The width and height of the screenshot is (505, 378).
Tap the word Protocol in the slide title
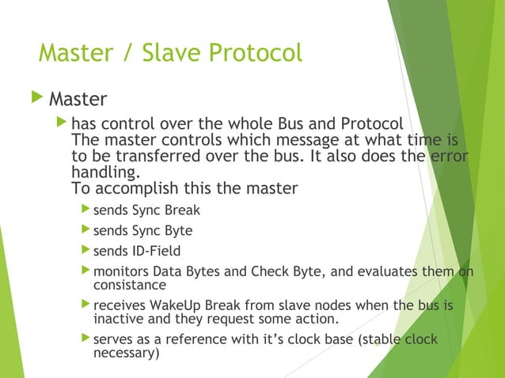tap(256, 53)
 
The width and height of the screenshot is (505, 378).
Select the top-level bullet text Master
tap(78, 100)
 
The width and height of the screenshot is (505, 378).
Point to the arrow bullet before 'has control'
tap(62, 124)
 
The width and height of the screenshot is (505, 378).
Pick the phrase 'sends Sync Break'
tap(146, 211)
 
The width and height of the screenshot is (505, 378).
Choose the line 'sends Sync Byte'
tap(142, 231)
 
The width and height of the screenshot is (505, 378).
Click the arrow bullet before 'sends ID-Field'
tap(85, 251)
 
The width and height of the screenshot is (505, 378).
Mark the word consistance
tap(130, 285)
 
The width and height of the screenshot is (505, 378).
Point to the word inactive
tap(119, 319)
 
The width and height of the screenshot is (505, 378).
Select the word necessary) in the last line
tap(126, 353)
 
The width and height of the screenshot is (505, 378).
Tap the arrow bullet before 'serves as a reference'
tap(85, 339)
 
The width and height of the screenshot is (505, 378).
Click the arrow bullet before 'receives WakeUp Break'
tap(85, 304)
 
